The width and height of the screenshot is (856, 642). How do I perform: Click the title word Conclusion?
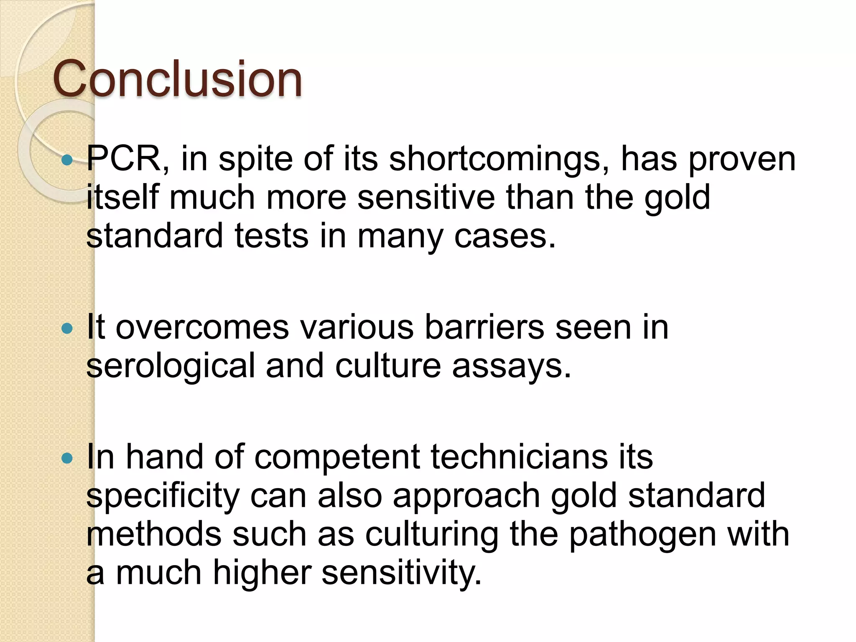177,79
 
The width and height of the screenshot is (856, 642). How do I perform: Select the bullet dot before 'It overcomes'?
67,329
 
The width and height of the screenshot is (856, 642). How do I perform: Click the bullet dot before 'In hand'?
67,459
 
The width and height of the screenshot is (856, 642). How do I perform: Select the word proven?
741,160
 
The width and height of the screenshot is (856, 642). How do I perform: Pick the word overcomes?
202,328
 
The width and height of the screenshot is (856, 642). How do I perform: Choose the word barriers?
484,328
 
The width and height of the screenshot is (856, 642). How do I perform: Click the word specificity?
163,497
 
